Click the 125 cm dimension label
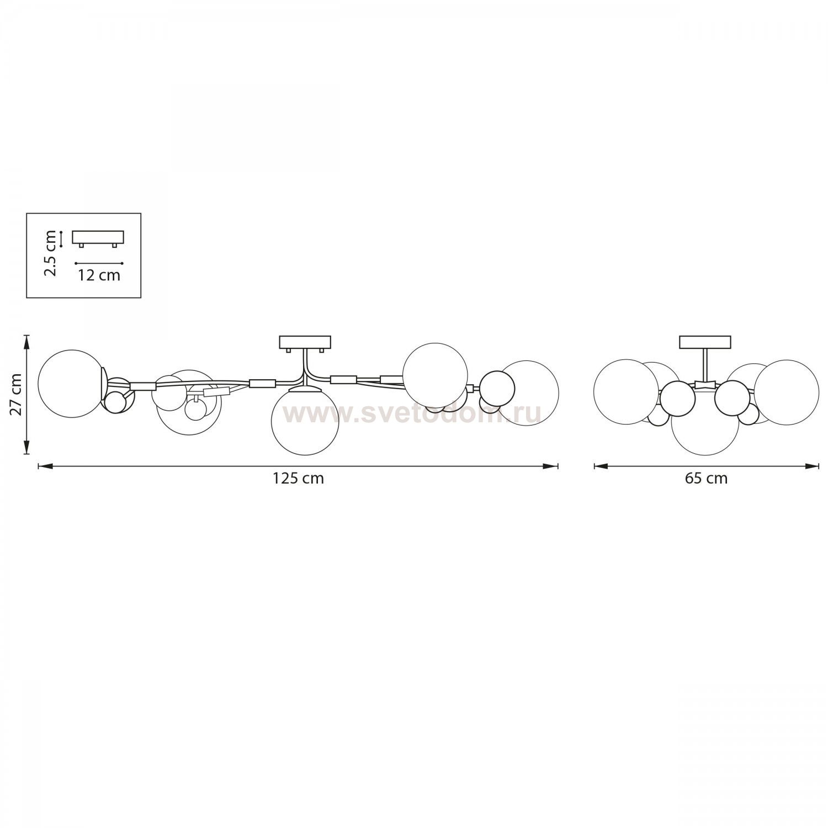tap(298, 478)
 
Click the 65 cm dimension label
tap(706, 478)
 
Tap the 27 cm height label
tap(15, 394)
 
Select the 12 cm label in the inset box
tap(99, 275)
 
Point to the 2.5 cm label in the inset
tap(51, 253)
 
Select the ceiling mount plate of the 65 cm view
tap(705, 342)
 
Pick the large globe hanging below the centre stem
tap(305, 421)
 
